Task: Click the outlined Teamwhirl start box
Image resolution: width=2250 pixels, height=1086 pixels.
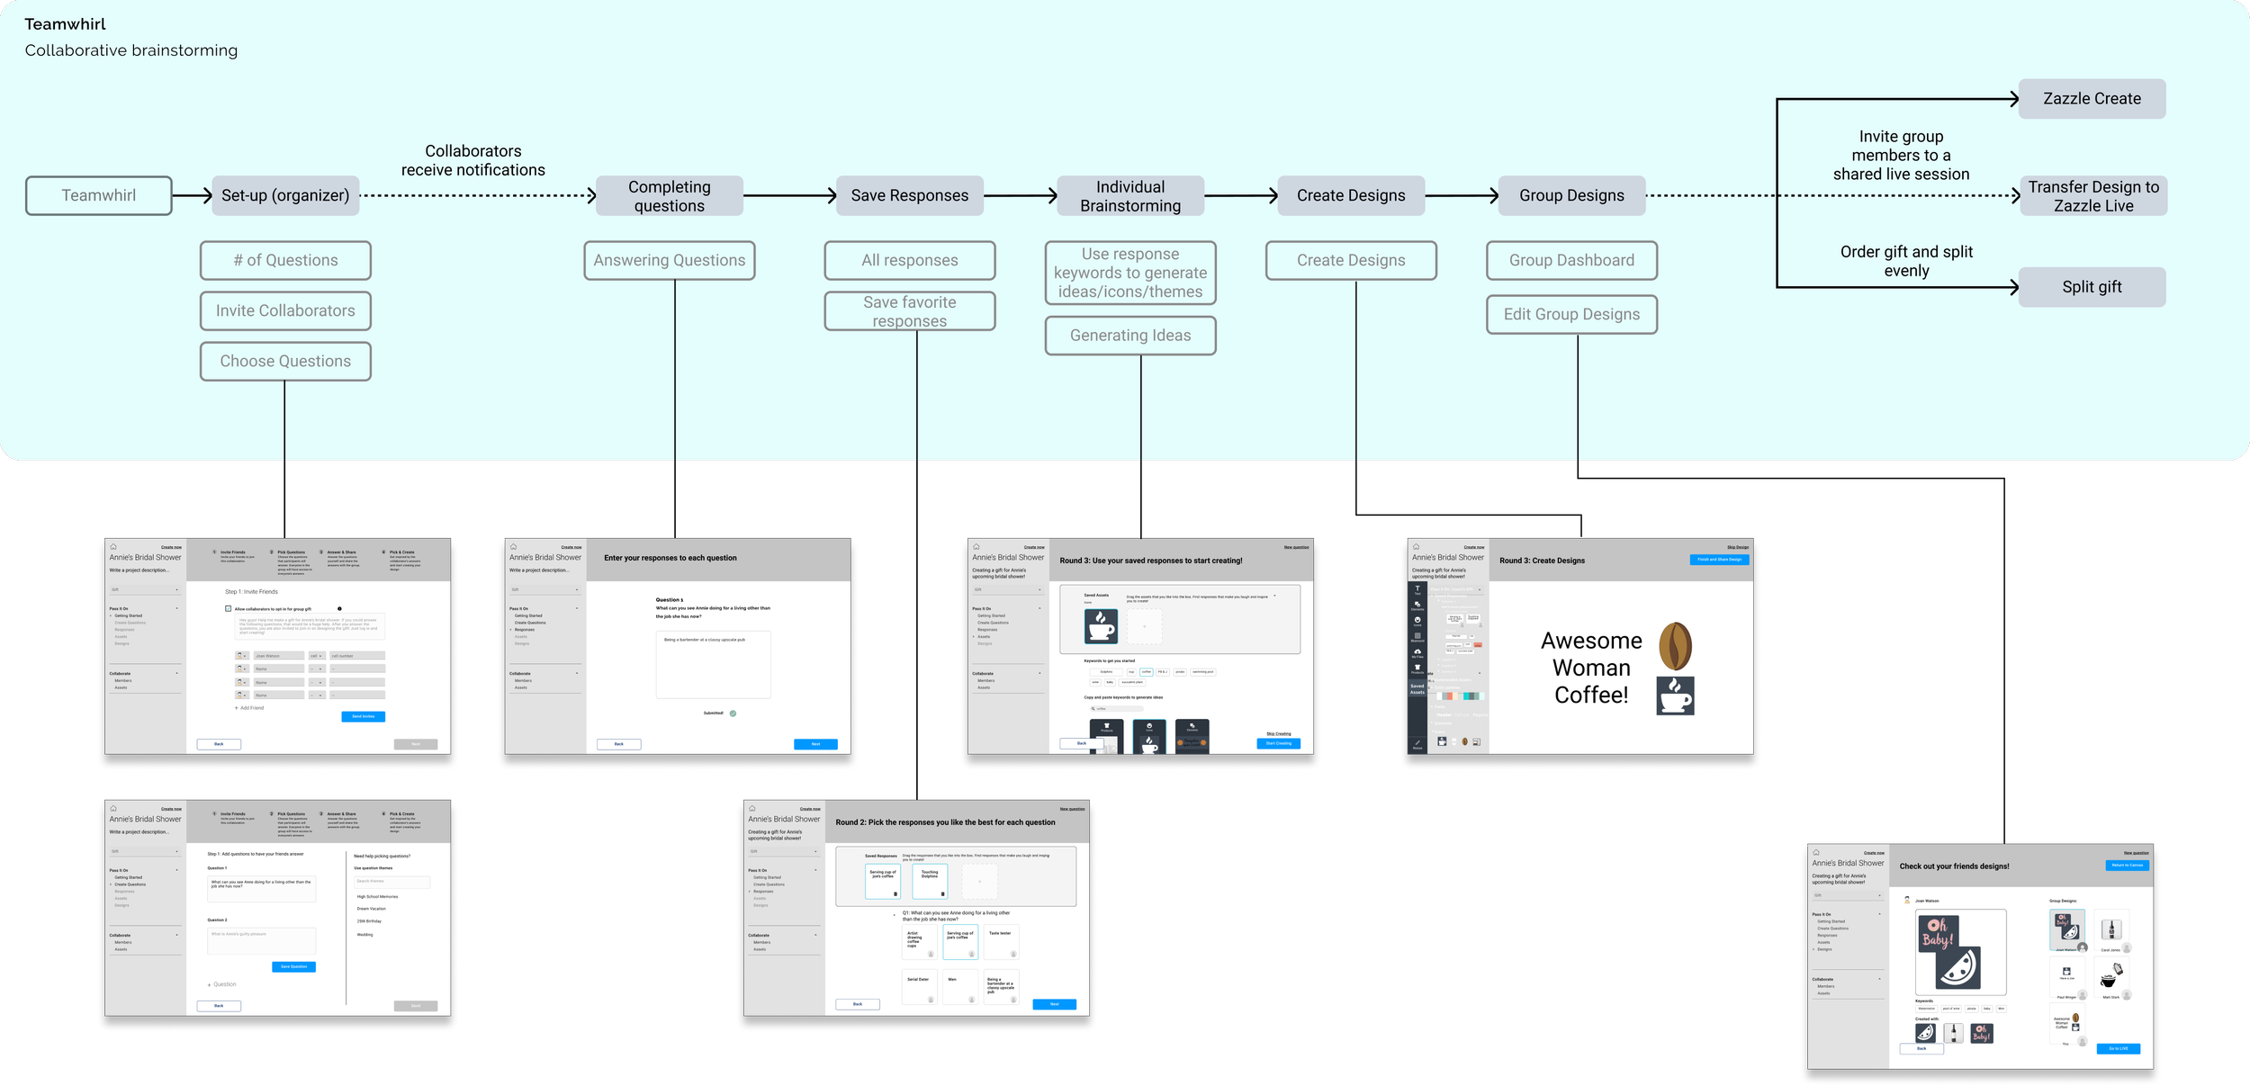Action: [99, 195]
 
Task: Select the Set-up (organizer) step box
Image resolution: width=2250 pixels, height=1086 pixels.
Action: [285, 195]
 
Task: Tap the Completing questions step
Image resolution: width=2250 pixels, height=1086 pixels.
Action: [669, 195]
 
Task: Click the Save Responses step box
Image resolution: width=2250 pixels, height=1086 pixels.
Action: [909, 195]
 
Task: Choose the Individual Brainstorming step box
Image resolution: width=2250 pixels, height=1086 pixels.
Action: [1130, 195]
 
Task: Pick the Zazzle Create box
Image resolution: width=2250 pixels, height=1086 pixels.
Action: [2092, 99]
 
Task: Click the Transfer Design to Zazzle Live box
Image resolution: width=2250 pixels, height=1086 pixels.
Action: [2093, 195]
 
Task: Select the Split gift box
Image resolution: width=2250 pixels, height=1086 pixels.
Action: [2092, 287]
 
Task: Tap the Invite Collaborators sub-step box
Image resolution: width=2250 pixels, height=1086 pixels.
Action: [285, 310]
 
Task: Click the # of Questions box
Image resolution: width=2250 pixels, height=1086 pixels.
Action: [285, 260]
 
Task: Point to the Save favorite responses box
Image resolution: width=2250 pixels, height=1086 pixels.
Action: [909, 311]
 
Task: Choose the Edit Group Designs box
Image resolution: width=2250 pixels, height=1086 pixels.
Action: [1571, 314]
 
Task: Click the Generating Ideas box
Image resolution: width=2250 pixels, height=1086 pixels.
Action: [1130, 336]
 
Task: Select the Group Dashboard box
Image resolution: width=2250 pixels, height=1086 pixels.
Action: [1571, 260]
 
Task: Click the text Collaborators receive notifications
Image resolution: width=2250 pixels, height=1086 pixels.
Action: [472, 160]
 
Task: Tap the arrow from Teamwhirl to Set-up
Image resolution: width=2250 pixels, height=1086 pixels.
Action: [192, 195]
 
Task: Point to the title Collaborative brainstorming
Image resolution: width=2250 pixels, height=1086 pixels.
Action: [131, 50]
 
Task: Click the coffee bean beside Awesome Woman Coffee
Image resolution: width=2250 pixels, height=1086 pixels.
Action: [1675, 646]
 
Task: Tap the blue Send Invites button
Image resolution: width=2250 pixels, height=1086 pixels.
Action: [363, 716]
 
